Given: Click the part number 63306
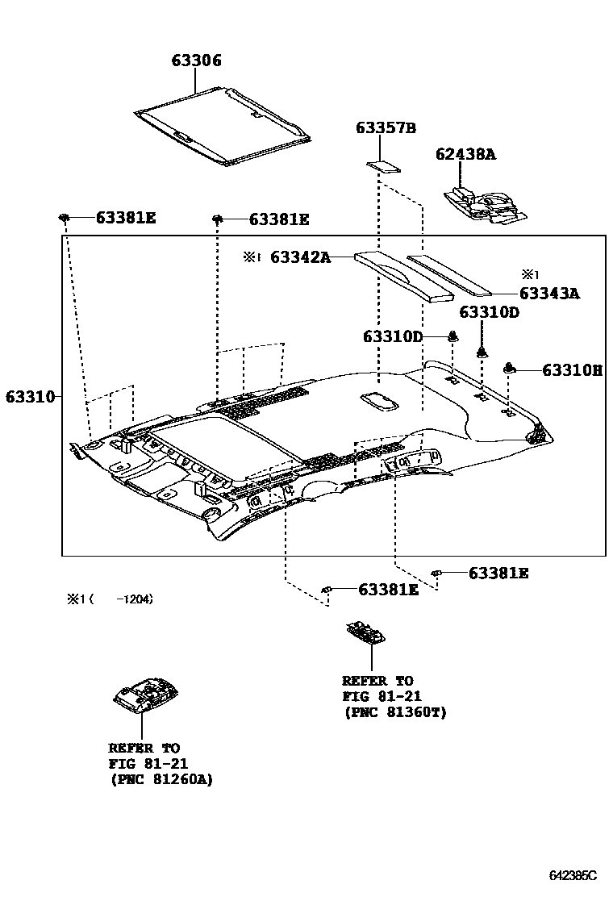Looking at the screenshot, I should [x=196, y=60].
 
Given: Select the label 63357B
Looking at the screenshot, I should [x=386, y=128].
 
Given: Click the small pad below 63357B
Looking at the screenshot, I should [x=383, y=167].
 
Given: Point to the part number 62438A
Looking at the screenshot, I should [x=465, y=153].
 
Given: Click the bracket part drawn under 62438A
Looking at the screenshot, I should [x=482, y=203].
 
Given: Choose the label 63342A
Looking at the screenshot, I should [x=300, y=257].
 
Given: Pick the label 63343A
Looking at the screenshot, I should [x=549, y=294].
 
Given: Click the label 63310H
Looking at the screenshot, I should [x=572, y=370].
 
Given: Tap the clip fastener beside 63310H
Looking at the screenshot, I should [x=510, y=369].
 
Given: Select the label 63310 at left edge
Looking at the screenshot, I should [x=30, y=397].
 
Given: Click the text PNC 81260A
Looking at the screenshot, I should [x=161, y=780].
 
